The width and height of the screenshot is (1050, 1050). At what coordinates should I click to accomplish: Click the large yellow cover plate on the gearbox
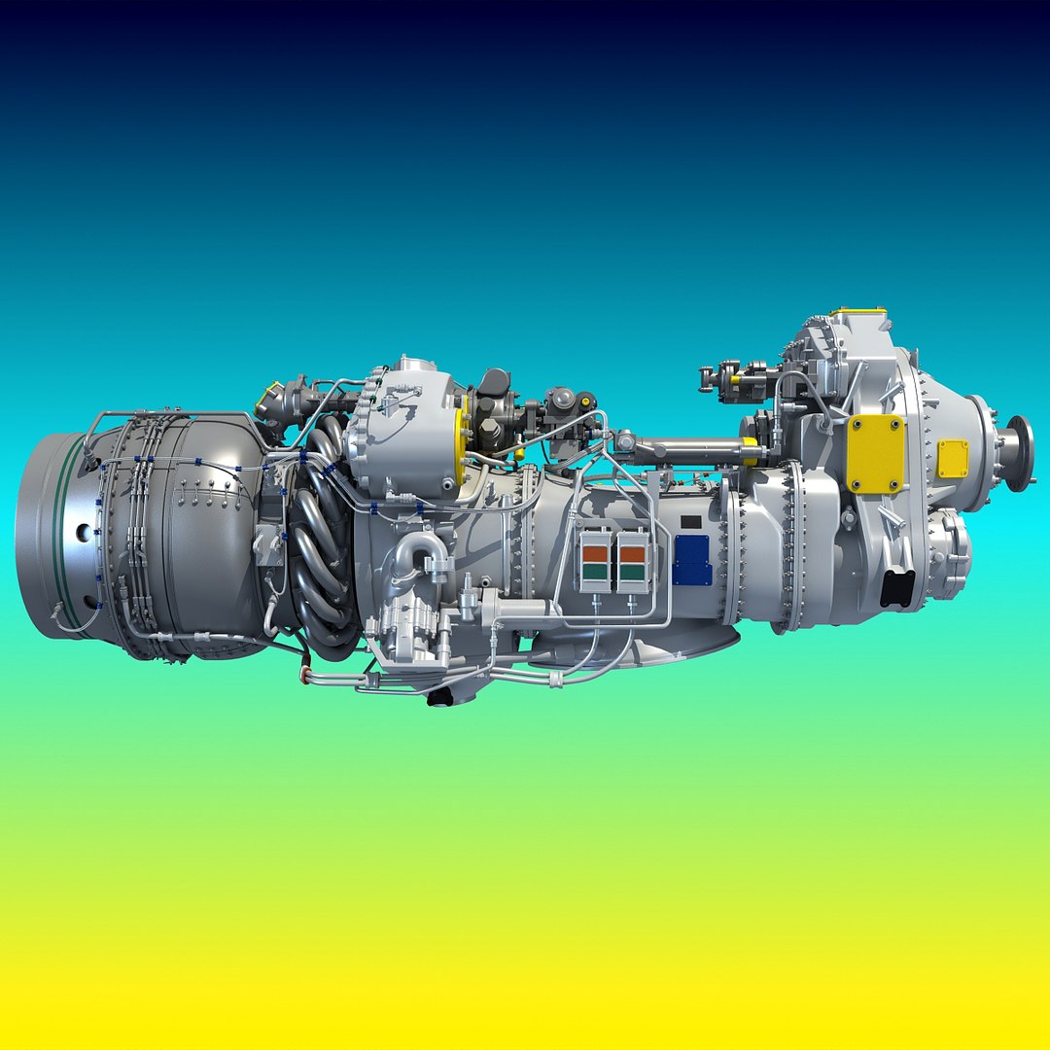pos(875,454)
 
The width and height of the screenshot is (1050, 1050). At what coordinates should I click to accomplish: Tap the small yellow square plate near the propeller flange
pos(953,459)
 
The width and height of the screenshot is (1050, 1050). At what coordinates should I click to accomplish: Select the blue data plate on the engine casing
pos(691,561)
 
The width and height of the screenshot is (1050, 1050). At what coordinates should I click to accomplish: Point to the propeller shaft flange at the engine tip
pos(1020,453)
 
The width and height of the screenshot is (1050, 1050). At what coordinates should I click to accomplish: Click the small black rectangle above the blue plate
pos(691,522)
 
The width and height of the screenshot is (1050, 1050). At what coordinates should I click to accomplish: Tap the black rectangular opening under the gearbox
pos(897,587)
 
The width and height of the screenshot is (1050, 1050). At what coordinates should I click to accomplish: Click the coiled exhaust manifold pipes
pos(321,544)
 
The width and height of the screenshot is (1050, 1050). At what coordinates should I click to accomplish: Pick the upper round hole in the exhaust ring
pos(84,532)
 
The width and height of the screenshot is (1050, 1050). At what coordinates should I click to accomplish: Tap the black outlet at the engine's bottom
pos(442,696)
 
